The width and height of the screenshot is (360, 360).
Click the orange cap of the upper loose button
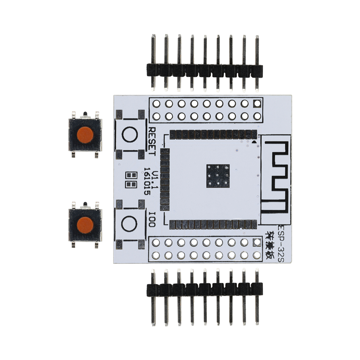pyautogui.click(x=85, y=134)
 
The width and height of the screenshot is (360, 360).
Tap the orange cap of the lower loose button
pyautogui.click(x=85, y=225)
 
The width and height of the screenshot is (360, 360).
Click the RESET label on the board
pyautogui.click(x=152, y=141)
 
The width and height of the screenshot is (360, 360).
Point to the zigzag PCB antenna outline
pyautogui.click(x=277, y=176)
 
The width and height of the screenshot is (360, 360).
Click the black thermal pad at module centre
pyautogui.click(x=218, y=176)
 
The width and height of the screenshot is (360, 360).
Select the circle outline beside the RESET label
pyautogui.click(x=130, y=135)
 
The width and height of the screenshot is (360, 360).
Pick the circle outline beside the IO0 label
pyautogui.click(x=129, y=224)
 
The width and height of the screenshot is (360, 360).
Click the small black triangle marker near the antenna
pyautogui.click(x=255, y=143)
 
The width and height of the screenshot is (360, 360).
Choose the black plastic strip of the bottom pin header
pyautogui.click(x=204, y=289)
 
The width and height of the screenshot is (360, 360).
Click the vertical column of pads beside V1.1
pyautogui.click(x=165, y=179)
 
